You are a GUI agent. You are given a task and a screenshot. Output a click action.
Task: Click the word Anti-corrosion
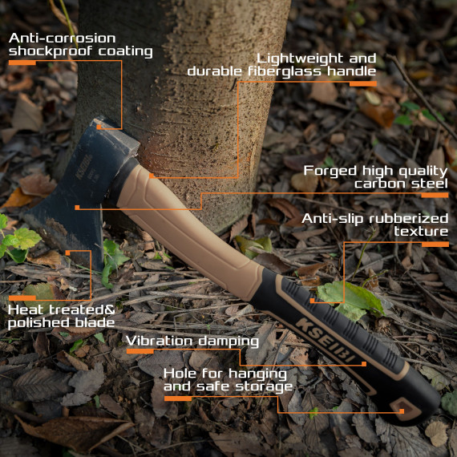tap(62, 38)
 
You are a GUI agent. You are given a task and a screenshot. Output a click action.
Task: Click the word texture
tap(421, 231)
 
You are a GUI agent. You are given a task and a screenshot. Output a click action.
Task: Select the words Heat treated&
tap(62, 309)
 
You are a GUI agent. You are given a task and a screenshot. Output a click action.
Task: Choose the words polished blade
tap(62, 322)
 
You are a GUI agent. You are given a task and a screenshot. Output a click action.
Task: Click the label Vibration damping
tap(192, 341)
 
